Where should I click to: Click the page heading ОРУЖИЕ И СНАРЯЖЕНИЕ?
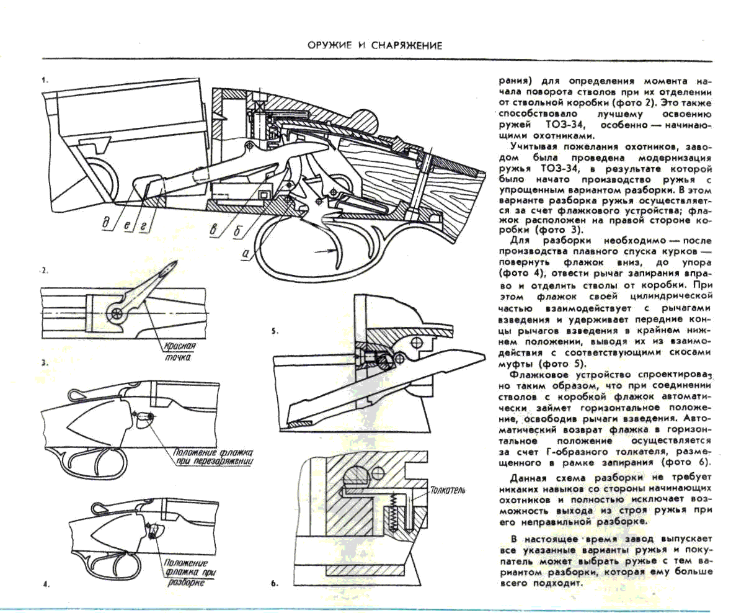374,45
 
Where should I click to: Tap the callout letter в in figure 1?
214,231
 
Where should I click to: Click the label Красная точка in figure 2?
180,351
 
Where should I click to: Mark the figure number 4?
45,584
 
